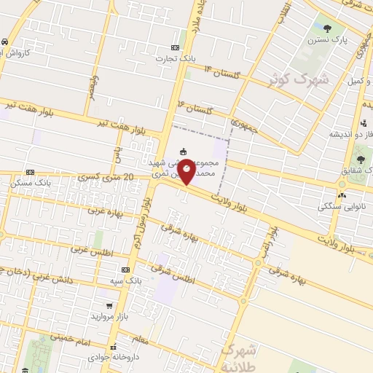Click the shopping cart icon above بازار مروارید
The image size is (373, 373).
tap(109, 305)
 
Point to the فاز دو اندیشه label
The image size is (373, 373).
tap(332, 135)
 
